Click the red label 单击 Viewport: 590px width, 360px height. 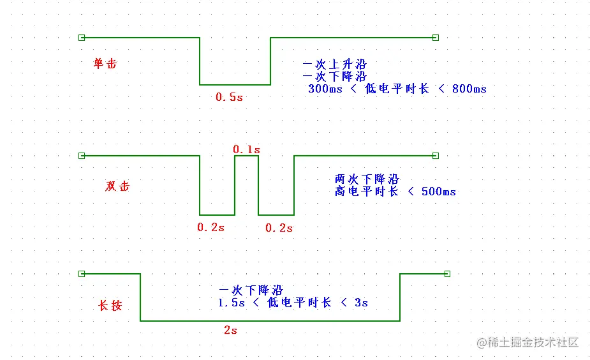(x=105, y=63)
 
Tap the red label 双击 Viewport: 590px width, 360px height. (x=117, y=186)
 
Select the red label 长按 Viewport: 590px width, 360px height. (x=110, y=305)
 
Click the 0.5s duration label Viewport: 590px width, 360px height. (x=229, y=98)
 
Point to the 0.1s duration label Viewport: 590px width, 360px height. (x=246, y=149)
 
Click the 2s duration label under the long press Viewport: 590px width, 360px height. (x=230, y=331)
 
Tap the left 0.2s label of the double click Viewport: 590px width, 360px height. (x=211, y=227)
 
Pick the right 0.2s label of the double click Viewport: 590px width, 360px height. (x=279, y=228)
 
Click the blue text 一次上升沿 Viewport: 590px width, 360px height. (x=335, y=64)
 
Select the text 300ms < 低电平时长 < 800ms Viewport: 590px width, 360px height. (x=397, y=89)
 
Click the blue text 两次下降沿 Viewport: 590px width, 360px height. (x=367, y=179)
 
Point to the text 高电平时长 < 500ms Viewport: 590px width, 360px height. (x=395, y=191)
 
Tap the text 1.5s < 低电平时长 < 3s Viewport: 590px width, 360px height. (x=293, y=303)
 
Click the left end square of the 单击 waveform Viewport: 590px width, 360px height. (x=81, y=38)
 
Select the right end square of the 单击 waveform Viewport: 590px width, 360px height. (x=436, y=38)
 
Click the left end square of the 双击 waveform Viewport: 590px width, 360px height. (x=81, y=156)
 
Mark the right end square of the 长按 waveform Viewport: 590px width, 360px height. (x=447, y=274)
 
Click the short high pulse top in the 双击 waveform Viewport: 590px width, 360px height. (x=247, y=156)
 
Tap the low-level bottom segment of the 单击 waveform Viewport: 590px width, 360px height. (x=235, y=84)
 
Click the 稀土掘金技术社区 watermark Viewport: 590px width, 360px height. (x=527, y=342)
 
